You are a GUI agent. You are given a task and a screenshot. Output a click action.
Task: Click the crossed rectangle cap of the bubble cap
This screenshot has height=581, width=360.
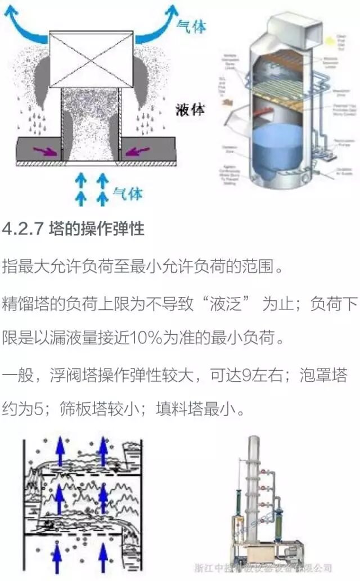click(91, 59)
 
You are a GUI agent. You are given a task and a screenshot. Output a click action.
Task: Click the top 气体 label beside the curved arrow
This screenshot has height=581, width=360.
click(191, 25)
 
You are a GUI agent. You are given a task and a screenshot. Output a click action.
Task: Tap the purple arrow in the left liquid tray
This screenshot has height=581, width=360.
click(43, 151)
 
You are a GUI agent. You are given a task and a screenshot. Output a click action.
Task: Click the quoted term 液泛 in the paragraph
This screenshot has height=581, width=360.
click(227, 305)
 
